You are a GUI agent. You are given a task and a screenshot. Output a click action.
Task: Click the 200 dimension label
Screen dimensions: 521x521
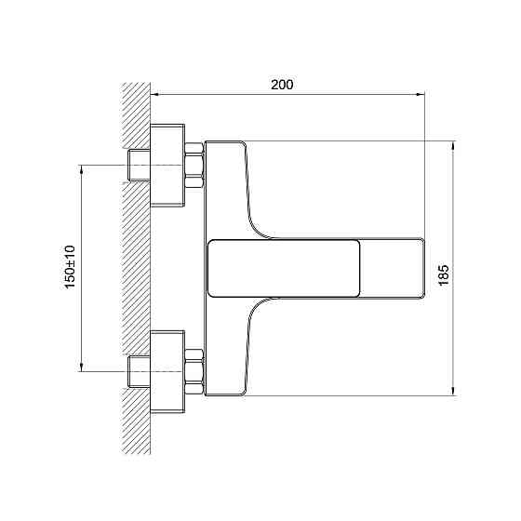[282, 85]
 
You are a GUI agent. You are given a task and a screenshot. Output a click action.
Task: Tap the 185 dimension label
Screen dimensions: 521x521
[445, 275]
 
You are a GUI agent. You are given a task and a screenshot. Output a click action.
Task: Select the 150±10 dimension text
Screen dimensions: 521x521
[70, 268]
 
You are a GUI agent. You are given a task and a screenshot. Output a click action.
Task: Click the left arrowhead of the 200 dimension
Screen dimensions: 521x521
[154, 95]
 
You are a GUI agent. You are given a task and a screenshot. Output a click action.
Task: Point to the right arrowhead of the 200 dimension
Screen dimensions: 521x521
[421, 95]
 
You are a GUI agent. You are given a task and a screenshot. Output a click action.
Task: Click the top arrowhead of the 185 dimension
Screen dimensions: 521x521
[453, 145]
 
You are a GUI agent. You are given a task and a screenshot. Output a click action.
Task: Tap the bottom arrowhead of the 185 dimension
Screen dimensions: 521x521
[453, 392]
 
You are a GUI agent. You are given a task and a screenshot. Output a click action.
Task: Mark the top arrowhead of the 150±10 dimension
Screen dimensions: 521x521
[82, 168]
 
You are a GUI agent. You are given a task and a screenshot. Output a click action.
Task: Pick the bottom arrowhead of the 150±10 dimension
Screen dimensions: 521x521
[82, 367]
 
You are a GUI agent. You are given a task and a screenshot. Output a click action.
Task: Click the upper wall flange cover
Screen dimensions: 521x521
[167, 166]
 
